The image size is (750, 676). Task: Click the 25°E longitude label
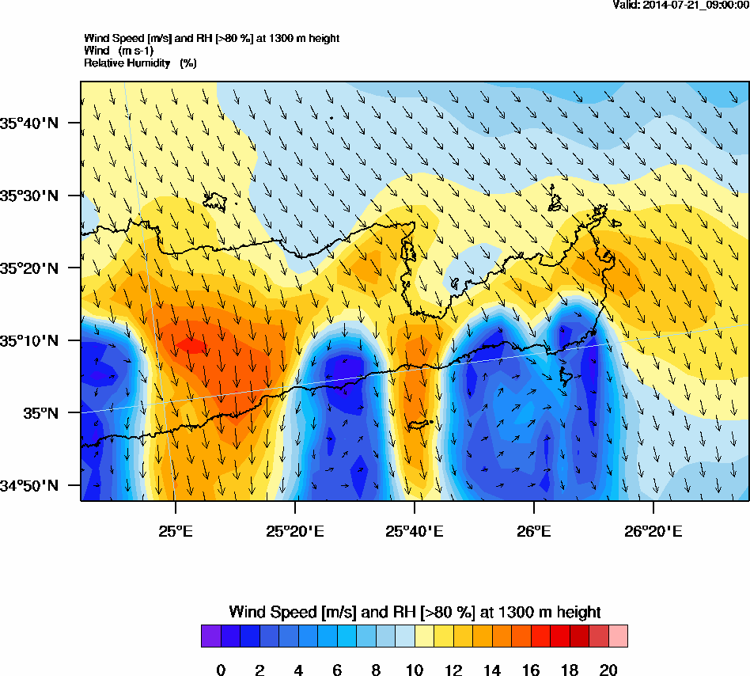[x=175, y=530]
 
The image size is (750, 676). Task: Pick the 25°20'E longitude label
[x=294, y=530]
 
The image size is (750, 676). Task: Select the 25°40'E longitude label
[x=415, y=530]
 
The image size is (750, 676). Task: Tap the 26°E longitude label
[x=534, y=530]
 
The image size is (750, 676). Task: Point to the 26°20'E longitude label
[x=653, y=530]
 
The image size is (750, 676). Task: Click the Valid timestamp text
[x=680, y=6]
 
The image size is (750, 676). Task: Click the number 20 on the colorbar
[x=608, y=670]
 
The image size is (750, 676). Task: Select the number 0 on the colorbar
[x=221, y=670]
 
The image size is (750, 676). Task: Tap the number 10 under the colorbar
[x=415, y=670]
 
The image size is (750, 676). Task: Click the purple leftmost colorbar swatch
[x=211, y=636]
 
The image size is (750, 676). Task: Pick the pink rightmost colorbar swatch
[x=618, y=636]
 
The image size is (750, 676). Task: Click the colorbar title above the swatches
[x=415, y=612]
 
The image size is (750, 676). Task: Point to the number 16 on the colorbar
[x=531, y=670]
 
